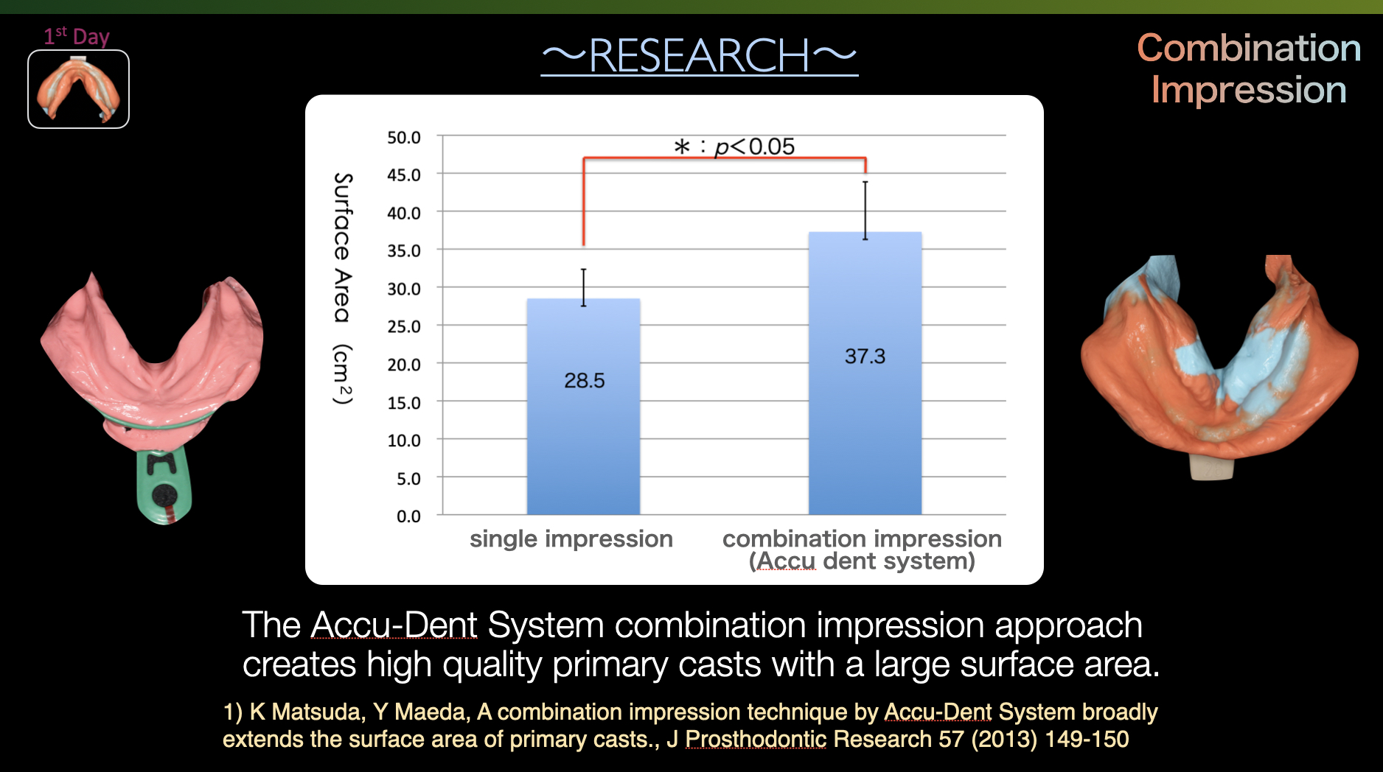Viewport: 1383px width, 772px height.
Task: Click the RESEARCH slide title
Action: (699, 56)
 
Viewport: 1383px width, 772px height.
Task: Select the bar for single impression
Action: (583, 442)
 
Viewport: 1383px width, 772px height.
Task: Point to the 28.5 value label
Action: (584, 381)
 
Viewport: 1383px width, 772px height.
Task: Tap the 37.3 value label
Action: (865, 357)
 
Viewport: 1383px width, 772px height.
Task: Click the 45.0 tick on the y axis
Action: (404, 175)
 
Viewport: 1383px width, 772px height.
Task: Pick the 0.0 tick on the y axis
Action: (408, 516)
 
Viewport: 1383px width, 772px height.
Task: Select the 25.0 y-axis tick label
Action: (404, 326)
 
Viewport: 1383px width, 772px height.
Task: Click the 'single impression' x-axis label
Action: (571, 539)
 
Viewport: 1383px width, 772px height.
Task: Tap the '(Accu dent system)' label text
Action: (862, 562)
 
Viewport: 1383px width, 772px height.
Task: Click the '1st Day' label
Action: (77, 36)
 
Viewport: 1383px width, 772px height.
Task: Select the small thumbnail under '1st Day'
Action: (78, 89)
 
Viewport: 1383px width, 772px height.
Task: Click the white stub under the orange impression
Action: (1211, 467)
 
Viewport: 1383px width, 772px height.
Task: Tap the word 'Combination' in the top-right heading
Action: (1248, 49)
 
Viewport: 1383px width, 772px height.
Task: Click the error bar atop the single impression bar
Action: (583, 287)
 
